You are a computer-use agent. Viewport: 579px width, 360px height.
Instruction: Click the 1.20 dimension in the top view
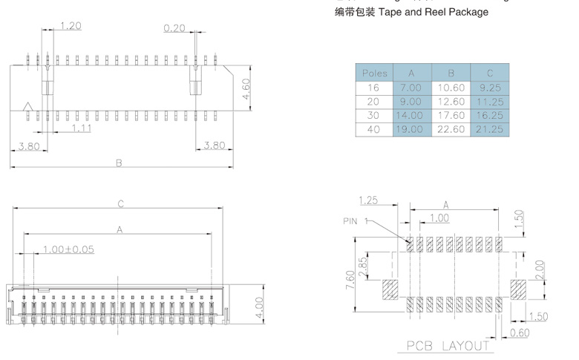point(70,26)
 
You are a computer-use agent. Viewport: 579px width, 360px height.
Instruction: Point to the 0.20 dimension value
point(174,27)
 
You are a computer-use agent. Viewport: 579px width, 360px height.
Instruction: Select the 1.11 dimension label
point(82,129)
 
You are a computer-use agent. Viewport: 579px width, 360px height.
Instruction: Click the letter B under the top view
point(119,163)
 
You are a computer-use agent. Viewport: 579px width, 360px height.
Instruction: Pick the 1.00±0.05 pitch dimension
point(68,249)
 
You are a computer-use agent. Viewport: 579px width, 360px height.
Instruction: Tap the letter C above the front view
point(120,203)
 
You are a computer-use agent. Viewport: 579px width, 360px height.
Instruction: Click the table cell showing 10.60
point(451,88)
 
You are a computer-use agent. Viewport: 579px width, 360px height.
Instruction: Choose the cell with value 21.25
point(489,129)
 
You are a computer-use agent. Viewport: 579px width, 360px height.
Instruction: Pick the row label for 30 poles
point(374,116)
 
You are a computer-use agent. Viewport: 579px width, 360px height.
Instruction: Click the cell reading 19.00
point(411,129)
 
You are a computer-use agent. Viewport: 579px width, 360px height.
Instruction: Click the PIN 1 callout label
point(356,220)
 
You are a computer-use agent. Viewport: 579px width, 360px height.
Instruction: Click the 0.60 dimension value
point(520,333)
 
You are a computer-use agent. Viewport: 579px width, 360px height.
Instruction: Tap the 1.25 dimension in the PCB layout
point(369,200)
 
